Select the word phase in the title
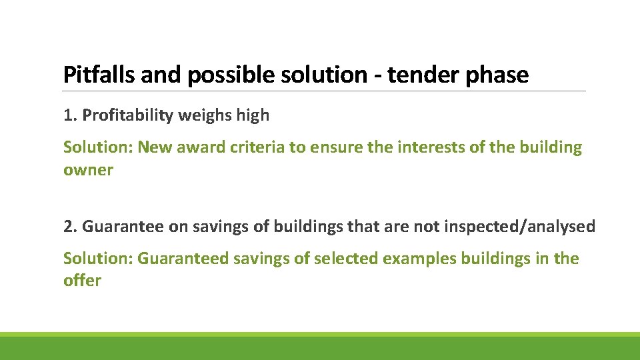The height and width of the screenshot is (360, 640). (497, 75)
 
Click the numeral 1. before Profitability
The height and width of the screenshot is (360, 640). (70, 115)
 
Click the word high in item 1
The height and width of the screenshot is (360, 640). (254, 115)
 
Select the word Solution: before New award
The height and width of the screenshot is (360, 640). (98, 147)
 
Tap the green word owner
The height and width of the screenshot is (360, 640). (88, 170)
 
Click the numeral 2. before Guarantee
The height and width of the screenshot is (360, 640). (70, 227)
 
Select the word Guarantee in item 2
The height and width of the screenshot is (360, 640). (123, 227)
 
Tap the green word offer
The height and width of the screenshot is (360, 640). (82, 281)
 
